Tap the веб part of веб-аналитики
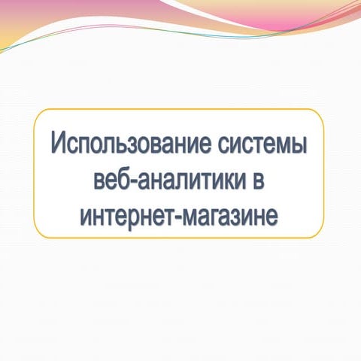[106, 180]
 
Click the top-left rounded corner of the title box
[39, 114]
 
